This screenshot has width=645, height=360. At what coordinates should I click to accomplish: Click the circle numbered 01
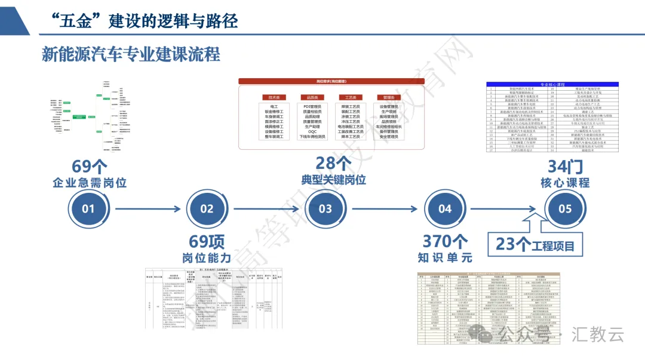(x=88, y=209)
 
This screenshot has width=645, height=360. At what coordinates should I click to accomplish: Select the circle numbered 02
(x=207, y=209)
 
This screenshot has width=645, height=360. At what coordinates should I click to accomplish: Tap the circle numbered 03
(x=325, y=209)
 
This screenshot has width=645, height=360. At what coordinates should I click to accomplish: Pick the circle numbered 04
(x=445, y=209)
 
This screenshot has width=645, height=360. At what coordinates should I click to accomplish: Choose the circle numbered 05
(x=564, y=209)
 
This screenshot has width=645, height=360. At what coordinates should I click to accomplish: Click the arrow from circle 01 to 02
(x=148, y=209)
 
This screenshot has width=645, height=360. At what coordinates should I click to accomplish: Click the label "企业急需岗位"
(x=90, y=183)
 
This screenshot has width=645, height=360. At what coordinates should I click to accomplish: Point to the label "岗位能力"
(x=207, y=258)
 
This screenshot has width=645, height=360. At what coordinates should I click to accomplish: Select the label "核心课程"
(x=565, y=183)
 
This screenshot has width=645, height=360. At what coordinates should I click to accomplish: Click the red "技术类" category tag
(x=275, y=97)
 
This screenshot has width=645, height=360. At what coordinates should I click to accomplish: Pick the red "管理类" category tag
(x=389, y=97)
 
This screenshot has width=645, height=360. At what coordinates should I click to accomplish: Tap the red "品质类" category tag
(x=312, y=97)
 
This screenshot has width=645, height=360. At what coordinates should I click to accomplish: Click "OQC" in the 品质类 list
(x=312, y=131)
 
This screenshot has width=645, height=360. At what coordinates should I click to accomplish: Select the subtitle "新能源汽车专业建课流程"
(x=131, y=54)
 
